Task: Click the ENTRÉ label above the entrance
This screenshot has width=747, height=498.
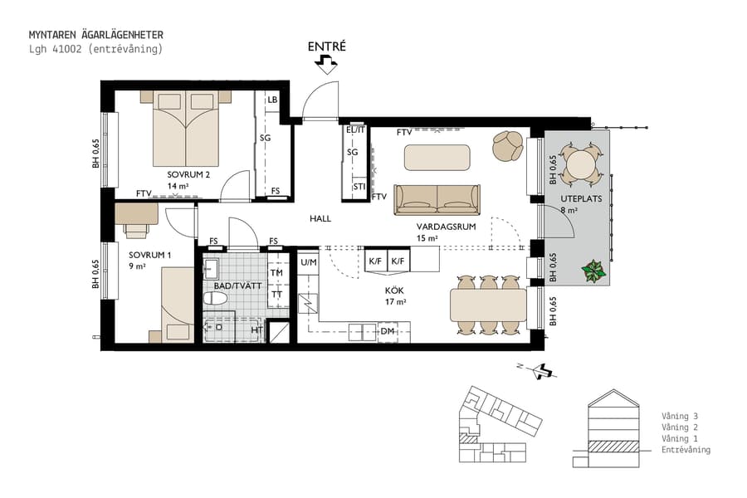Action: (326, 46)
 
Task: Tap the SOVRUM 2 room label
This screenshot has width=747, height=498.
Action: (188, 175)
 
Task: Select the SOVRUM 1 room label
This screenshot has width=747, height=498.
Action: (149, 255)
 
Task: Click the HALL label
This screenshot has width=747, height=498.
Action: (320, 219)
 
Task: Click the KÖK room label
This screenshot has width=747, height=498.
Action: (394, 291)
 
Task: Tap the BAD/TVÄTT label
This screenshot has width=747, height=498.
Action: (234, 285)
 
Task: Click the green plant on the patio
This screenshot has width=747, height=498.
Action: (593, 271)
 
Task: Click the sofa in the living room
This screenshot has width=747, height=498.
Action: (437, 199)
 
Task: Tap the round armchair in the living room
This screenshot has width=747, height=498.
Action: (506, 146)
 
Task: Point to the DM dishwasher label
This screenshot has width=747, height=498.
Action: (387, 331)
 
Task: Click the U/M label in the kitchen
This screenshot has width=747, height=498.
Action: (309, 262)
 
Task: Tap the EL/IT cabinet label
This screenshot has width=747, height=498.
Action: (355, 130)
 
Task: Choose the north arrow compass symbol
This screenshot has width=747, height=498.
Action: (544, 370)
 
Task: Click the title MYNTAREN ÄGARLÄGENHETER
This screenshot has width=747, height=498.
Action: (95, 35)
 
